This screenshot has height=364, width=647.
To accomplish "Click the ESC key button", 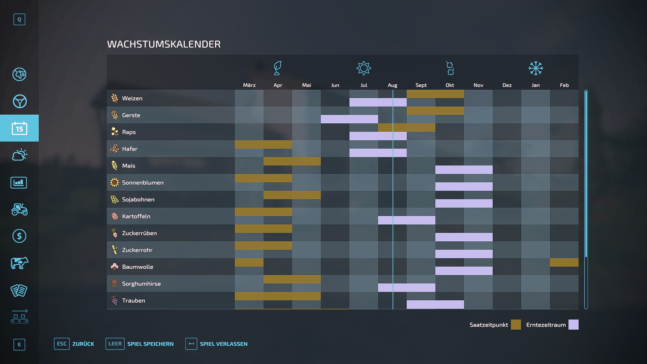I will coord(62,344).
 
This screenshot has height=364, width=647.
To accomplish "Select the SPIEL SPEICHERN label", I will coord(150,344).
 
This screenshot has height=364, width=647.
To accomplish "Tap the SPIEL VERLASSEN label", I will coord(223,344).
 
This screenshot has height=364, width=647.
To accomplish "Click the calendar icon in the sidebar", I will coord(19,128).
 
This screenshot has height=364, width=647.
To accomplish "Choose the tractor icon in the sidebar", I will coord(19,209).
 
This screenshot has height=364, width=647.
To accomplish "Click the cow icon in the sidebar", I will coord(19,263).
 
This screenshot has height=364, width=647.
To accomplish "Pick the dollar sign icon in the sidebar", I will coord(19,236).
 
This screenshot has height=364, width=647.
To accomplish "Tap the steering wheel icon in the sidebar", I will coord(20,101).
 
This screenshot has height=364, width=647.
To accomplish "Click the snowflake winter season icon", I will coord(535,68).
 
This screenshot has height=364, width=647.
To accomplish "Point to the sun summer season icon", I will coord(364,68).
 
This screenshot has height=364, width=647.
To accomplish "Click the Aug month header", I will coord(392,85).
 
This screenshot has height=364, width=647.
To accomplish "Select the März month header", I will coord(249,85).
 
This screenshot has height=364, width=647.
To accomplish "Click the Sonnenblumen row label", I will coord(143,183).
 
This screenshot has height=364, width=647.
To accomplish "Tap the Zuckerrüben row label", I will coord(139,233).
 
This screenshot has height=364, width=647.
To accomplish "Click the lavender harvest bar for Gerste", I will coord(349,119).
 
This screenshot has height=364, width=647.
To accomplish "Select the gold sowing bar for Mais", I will coord(292,161).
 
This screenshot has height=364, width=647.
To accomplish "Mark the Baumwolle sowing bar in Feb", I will coord(564,262).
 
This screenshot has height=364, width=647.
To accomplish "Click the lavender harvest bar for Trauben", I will coord(435,304).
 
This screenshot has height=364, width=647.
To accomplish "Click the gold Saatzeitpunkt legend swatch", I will coord(516,325).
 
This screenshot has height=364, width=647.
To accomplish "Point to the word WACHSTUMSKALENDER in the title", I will coord(164,44).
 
